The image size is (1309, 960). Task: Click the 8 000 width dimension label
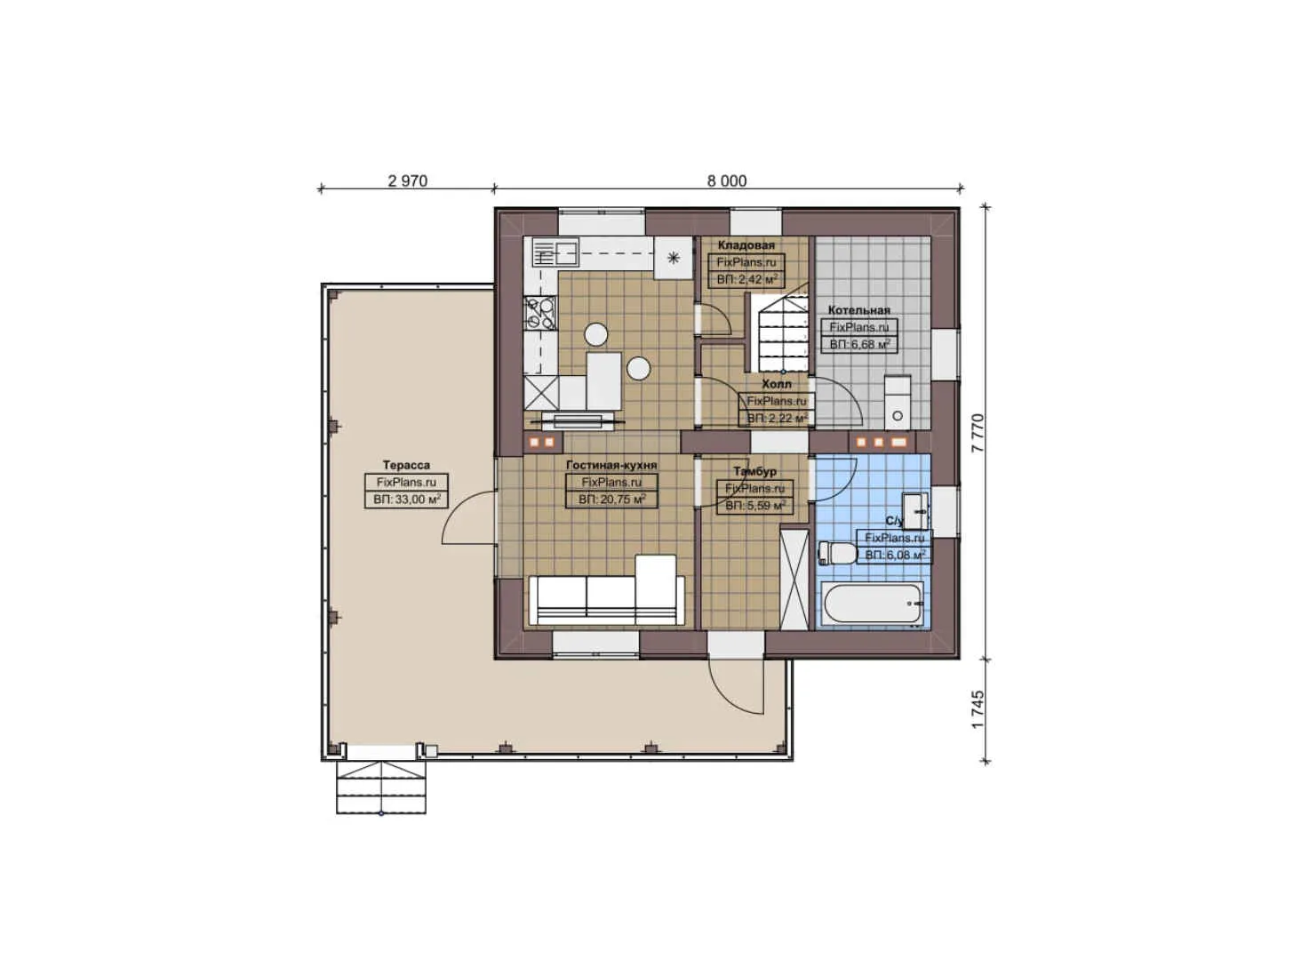pyautogui.click(x=726, y=180)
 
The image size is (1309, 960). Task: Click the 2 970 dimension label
pyautogui.click(x=407, y=180)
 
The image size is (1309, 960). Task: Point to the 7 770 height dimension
pyautogui.click(x=978, y=433)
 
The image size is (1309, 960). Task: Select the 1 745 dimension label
pyautogui.click(x=978, y=709)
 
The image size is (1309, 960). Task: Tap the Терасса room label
pyautogui.click(x=406, y=465)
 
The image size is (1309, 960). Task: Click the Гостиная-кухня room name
pyautogui.click(x=611, y=465)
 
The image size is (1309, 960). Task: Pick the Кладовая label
pyautogui.click(x=746, y=245)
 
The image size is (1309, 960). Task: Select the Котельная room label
pyautogui.click(x=858, y=310)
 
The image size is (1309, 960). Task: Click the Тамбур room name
pyautogui.click(x=754, y=471)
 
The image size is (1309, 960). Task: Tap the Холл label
pyautogui.click(x=776, y=384)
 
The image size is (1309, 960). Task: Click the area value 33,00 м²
pyautogui.click(x=407, y=500)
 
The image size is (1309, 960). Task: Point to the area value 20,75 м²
pyautogui.click(x=611, y=500)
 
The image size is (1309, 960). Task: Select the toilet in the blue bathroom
pyautogui.click(x=835, y=554)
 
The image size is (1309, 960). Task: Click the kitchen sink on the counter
pyautogui.click(x=555, y=253)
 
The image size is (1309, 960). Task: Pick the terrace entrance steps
pyautogui.click(x=380, y=787)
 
